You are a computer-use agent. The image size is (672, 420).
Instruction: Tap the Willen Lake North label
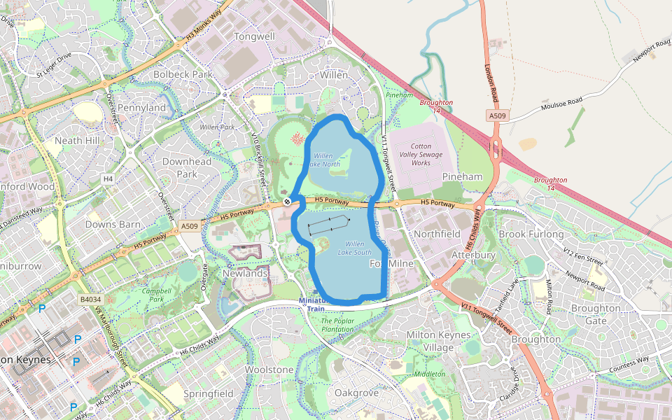pos(326,160)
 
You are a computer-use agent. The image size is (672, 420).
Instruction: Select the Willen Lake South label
pos(354,248)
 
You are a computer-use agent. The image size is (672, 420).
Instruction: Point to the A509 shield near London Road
pos(497,115)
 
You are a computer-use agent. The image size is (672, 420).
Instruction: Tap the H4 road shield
pos(107,179)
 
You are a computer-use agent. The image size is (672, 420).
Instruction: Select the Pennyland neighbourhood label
pos(141,108)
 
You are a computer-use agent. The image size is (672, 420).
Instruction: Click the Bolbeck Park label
pos(182,73)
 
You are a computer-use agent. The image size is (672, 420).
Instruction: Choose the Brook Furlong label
pos(531,234)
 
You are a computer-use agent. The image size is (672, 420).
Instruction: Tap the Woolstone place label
pos(269,369)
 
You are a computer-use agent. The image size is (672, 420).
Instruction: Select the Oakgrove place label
pos(356,393)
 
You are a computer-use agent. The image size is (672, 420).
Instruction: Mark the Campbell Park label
pos(156,294)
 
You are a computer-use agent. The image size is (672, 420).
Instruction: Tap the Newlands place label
pos(245,273)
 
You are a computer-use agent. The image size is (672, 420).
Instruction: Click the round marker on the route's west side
pos(287,202)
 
